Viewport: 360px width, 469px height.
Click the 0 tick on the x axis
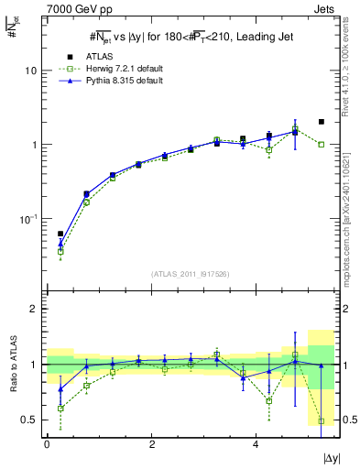pyautogui.click(x=48, y=443)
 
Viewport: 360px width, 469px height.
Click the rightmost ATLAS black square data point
pyautogui.click(x=321, y=122)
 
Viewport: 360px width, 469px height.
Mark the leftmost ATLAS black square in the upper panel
pyautogui.click(x=60, y=234)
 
